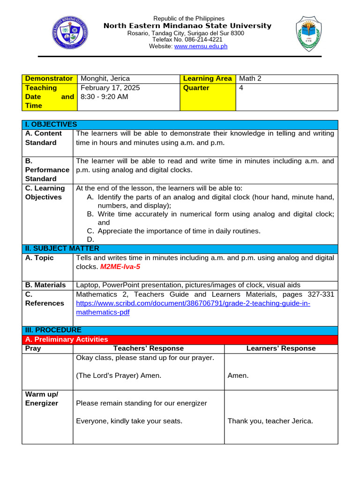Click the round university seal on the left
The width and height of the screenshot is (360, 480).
(x=70, y=32)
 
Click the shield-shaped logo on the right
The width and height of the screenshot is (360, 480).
(x=308, y=34)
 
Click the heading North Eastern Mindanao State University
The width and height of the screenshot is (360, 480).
(x=187, y=26)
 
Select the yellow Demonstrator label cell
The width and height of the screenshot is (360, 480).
(x=49, y=79)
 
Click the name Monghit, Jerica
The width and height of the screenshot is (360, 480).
(x=105, y=79)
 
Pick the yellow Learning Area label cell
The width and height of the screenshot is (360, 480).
(x=208, y=79)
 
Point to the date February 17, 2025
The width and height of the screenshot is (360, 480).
(x=110, y=88)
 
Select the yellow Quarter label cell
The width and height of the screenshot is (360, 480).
(x=208, y=97)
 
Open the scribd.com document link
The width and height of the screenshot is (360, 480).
(x=193, y=303)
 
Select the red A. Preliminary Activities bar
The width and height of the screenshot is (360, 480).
(x=180, y=339)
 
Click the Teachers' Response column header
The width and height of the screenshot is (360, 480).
(x=149, y=348)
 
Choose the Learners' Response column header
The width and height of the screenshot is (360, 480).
(x=281, y=348)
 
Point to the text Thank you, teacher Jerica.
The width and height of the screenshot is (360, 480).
(x=270, y=421)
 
